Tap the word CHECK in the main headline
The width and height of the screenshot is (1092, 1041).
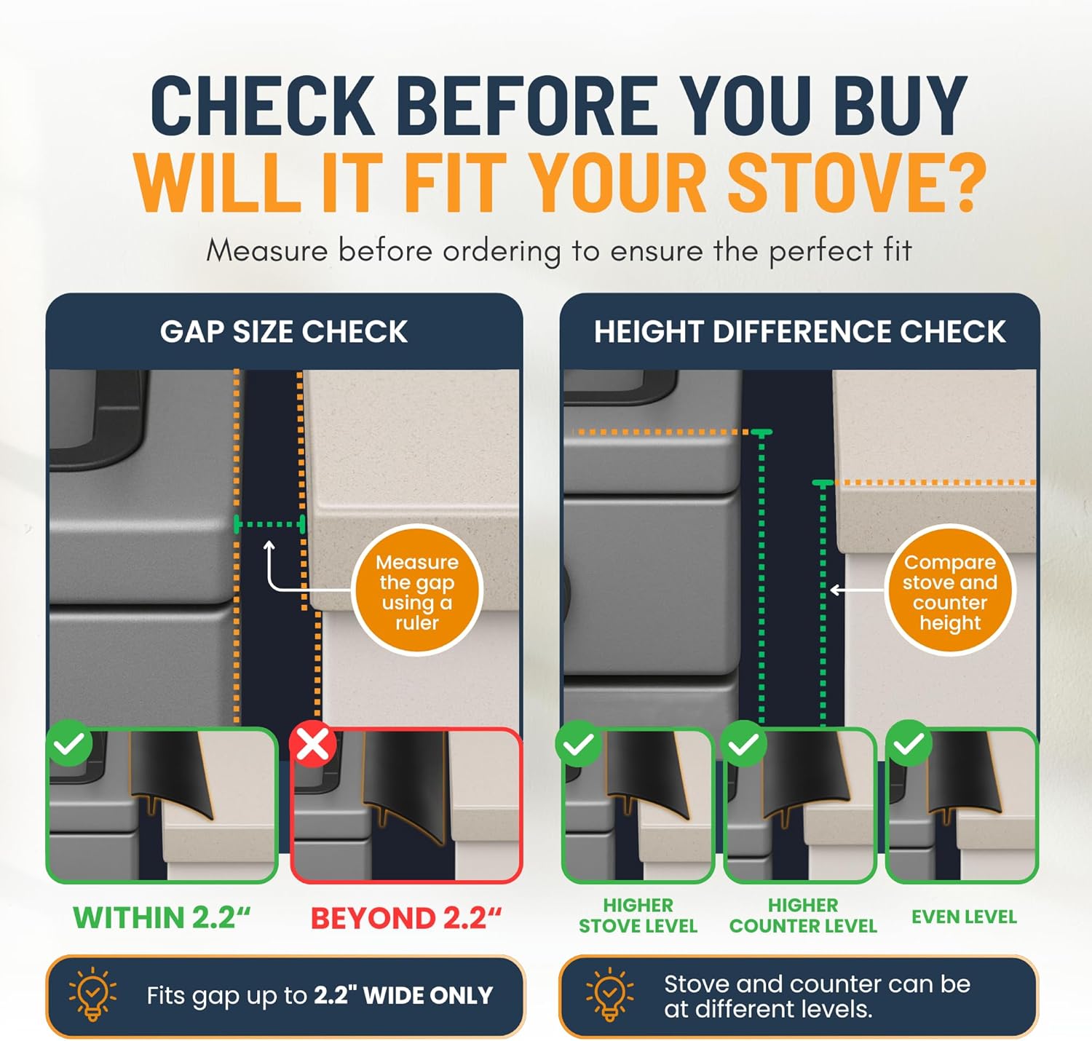[262, 106]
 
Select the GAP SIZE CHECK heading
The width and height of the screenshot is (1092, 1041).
[284, 332]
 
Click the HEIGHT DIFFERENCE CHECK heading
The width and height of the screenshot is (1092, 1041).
[800, 332]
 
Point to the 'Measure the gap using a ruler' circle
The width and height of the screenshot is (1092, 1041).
[417, 590]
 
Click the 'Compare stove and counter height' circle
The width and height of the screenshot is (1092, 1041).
[950, 590]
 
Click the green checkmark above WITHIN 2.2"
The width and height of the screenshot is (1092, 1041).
[69, 743]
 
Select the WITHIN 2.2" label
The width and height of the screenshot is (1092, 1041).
[162, 917]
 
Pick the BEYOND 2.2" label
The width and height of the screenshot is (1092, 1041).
[406, 918]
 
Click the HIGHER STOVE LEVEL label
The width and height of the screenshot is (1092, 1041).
[638, 916]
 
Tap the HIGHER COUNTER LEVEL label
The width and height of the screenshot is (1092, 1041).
[803, 916]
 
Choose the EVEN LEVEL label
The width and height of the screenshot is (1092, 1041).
[965, 917]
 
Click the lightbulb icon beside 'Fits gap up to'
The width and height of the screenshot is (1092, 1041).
[92, 994]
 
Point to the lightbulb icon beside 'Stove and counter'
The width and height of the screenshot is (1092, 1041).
[609, 994]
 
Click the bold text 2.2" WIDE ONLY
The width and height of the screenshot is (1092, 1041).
[403, 995]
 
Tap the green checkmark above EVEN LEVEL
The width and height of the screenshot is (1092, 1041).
[909, 743]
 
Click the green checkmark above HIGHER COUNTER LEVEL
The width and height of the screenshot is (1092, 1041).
[744, 743]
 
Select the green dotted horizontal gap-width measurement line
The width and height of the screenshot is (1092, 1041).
[269, 524]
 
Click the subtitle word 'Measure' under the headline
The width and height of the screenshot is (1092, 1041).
[267, 250]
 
